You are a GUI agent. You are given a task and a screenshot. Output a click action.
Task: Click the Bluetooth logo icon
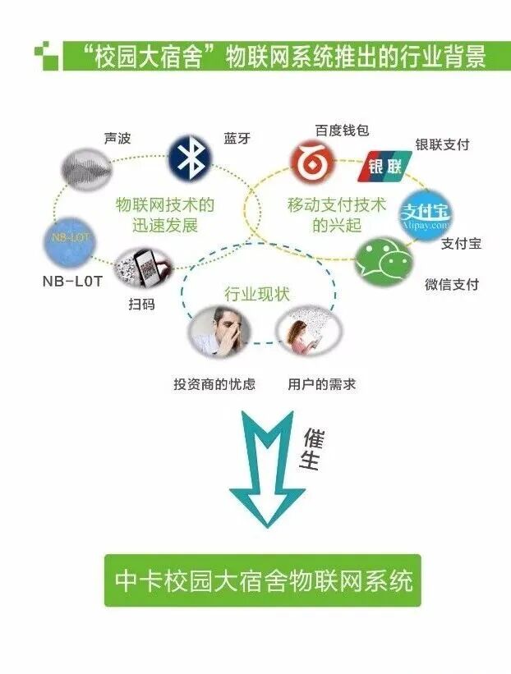tap(190, 158)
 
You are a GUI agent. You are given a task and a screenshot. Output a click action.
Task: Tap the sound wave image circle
tap(85, 169)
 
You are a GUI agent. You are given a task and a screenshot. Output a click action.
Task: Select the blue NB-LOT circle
tap(69, 242)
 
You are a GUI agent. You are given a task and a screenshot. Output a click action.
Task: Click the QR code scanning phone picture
tap(143, 268)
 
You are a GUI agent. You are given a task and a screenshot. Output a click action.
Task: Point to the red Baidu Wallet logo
tap(312, 162)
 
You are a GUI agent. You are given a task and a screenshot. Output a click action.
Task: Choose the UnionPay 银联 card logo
tap(384, 166)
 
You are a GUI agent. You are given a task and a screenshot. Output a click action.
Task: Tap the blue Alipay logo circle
tap(426, 215)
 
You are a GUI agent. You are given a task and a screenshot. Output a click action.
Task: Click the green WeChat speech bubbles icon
tap(383, 262)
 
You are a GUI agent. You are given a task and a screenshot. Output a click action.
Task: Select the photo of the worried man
tap(219, 332)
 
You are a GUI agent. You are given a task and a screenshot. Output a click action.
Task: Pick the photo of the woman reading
tap(309, 332)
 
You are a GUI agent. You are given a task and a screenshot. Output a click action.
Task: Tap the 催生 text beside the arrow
tap(312, 450)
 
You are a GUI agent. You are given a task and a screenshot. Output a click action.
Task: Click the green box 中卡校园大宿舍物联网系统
tap(263, 580)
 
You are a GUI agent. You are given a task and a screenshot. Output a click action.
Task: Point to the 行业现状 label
tap(257, 295)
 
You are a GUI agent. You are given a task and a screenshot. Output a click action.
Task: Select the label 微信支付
tap(452, 285)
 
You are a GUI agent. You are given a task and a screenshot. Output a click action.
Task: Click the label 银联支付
tap(442, 144)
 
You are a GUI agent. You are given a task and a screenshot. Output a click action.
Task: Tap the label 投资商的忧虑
tap(214, 384)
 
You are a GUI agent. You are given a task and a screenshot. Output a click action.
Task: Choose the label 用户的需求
tap(322, 384)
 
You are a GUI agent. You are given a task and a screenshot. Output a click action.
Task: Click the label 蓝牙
tap(237, 138)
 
